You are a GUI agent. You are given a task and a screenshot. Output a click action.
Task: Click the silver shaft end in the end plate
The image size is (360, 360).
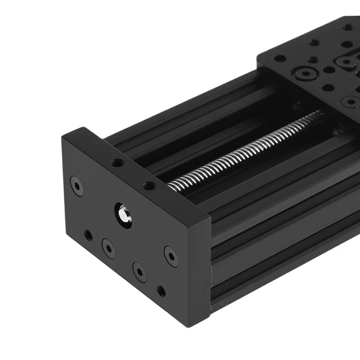123,214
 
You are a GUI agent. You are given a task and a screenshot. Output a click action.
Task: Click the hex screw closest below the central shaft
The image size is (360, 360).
108,247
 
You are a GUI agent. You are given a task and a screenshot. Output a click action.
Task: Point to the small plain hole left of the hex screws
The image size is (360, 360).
88,235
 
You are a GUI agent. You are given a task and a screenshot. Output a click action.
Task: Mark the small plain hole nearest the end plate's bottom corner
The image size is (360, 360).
161,291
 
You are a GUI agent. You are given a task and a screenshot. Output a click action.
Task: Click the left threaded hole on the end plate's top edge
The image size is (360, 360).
117,163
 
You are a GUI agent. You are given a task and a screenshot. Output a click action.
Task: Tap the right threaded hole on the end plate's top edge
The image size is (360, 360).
148,185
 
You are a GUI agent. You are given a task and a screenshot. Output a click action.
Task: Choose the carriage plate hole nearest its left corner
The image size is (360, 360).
280,58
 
